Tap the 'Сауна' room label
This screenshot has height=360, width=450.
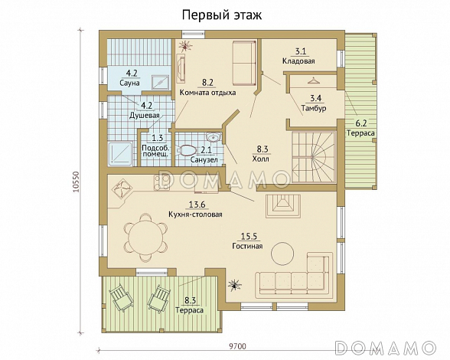[x=130, y=82]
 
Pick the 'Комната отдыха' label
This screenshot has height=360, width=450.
[x=207, y=93]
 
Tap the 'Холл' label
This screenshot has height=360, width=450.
[x=261, y=161]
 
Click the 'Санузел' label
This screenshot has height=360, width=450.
[x=203, y=161]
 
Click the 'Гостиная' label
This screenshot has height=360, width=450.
[x=247, y=247]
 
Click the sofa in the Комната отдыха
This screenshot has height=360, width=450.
[x=243, y=64]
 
